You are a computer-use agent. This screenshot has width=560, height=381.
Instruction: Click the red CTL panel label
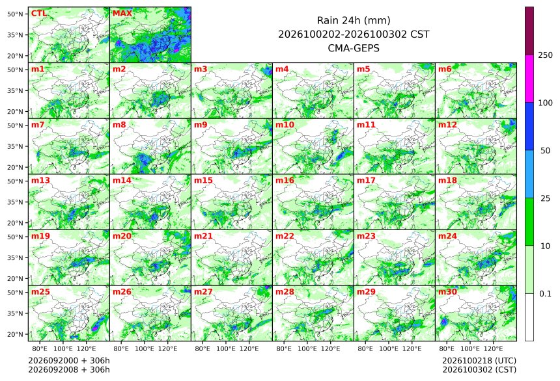(x=39, y=14)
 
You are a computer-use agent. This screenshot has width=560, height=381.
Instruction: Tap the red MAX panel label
(x=122, y=14)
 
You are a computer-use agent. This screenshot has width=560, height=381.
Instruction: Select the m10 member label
(x=285, y=125)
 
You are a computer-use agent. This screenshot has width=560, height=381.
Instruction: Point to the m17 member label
(x=366, y=181)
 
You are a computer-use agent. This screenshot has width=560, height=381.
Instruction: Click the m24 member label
(x=447, y=236)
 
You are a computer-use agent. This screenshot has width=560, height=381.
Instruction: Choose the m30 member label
(x=447, y=292)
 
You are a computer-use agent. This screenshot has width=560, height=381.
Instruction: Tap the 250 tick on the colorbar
(x=545, y=55)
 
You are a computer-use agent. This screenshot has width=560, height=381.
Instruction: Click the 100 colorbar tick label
(x=545, y=103)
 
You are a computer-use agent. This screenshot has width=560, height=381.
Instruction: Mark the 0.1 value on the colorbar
(x=545, y=294)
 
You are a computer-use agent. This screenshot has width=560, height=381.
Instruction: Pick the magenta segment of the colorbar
(x=529, y=79)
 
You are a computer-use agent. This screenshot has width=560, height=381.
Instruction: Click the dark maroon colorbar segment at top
(x=529, y=31)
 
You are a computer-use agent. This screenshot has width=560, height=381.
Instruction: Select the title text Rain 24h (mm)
(x=354, y=20)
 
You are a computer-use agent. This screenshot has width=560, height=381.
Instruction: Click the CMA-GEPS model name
(x=354, y=48)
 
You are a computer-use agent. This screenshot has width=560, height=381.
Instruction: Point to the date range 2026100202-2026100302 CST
(x=354, y=34)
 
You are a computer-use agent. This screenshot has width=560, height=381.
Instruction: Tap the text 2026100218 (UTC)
(x=479, y=361)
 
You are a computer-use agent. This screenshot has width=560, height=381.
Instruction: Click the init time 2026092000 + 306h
(x=69, y=361)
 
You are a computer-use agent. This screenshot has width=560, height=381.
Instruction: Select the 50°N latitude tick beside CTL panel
(x=15, y=14)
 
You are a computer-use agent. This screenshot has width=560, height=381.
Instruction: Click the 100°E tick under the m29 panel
(x=389, y=348)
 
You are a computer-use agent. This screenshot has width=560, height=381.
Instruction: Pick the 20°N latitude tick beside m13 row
(x=15, y=223)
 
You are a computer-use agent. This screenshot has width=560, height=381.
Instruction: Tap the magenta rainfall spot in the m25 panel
(x=95, y=328)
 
